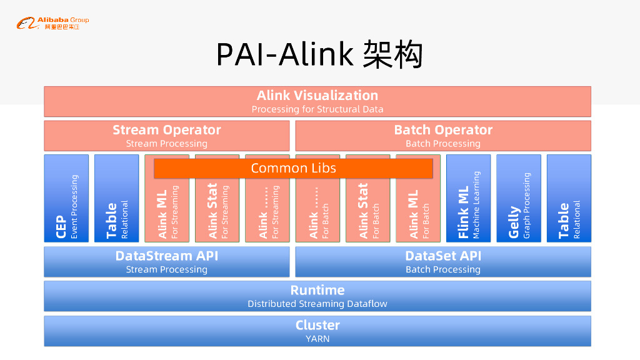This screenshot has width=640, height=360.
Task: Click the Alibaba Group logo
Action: tap(52, 24)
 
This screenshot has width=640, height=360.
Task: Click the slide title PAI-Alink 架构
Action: tap(319, 54)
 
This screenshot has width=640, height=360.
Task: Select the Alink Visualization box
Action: tap(317, 101)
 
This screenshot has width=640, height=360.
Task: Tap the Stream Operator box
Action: tap(166, 136)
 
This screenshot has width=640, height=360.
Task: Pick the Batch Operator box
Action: tap(442, 136)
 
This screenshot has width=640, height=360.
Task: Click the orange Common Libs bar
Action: tap(293, 168)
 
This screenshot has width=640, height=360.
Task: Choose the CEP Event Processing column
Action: tap(66, 206)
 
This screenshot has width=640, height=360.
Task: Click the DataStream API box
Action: tap(166, 262)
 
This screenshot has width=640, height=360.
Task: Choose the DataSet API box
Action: tap(442, 262)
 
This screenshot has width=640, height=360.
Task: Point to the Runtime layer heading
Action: tap(317, 291)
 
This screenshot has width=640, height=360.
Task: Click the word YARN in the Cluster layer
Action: tap(317, 339)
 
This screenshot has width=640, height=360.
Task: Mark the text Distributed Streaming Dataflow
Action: tap(317, 304)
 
